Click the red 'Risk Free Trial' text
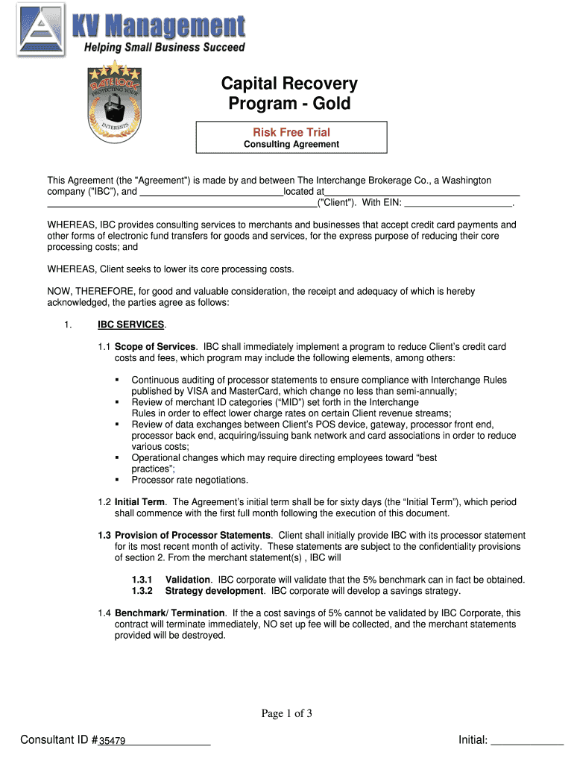pyautogui.click(x=291, y=132)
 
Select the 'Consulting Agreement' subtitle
pyautogui.click(x=291, y=144)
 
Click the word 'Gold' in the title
pyautogui.click(x=327, y=104)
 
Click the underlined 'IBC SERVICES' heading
pyautogui.click(x=131, y=325)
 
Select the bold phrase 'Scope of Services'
pyautogui.click(x=155, y=347)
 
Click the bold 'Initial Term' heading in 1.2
pyautogui.click(x=139, y=502)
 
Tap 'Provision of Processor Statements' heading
pyautogui.click(x=192, y=536)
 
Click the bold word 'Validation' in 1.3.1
pyautogui.click(x=189, y=580)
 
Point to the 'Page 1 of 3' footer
pyautogui.click(x=286, y=714)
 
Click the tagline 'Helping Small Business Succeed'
pyautogui.click(x=164, y=48)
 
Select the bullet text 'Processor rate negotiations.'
pyautogui.click(x=190, y=480)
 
